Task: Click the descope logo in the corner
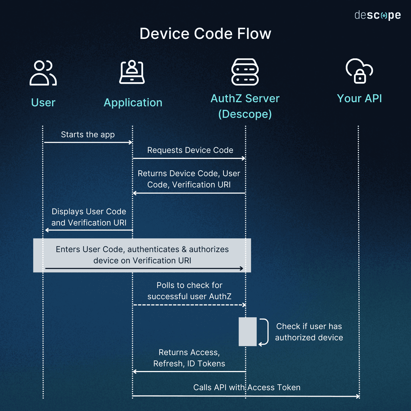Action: pyautogui.click(x=377, y=15)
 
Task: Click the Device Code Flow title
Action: pyautogui.click(x=205, y=34)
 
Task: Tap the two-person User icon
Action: pyautogui.click(x=43, y=73)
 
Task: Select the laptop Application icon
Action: pyautogui.click(x=132, y=72)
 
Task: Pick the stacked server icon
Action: pyautogui.click(x=245, y=72)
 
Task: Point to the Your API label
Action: pyautogui.click(x=359, y=98)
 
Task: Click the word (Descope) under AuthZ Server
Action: pyautogui.click(x=245, y=114)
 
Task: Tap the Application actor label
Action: pyautogui.click(x=133, y=102)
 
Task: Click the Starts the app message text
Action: pyautogui.click(x=88, y=135)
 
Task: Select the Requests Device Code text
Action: pyautogui.click(x=190, y=150)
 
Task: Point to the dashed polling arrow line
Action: pyautogui.click(x=189, y=305)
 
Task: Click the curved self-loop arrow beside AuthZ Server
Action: pyautogui.click(x=265, y=332)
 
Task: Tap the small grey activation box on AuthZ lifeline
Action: pyautogui.click(x=247, y=332)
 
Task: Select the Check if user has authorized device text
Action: pyautogui.click(x=309, y=332)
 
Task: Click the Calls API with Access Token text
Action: pyautogui.click(x=247, y=387)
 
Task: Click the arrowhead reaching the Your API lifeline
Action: pyautogui.click(x=358, y=396)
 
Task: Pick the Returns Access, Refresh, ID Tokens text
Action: pyautogui.click(x=189, y=358)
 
